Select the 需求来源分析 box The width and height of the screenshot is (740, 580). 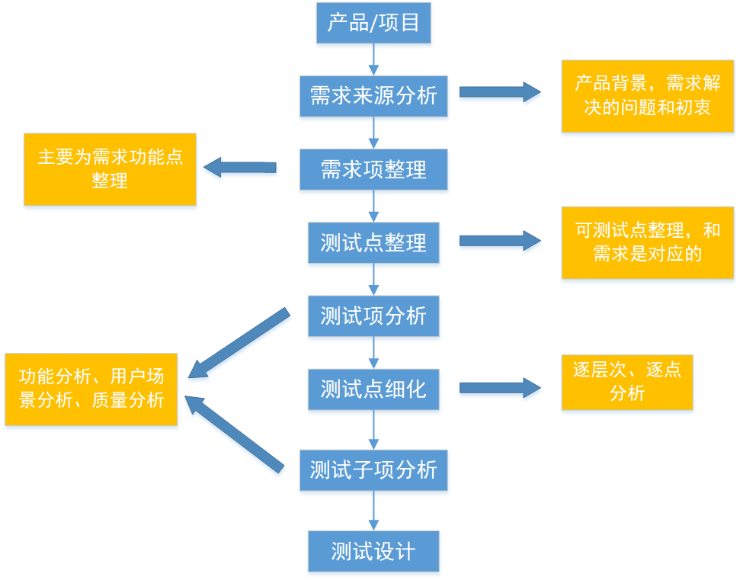[x=373, y=95]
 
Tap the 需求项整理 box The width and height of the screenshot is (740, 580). [x=373, y=169]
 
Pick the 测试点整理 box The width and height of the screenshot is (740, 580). [x=373, y=242]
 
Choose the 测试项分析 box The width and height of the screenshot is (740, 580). [x=373, y=316]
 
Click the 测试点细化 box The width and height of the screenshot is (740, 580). [x=373, y=389]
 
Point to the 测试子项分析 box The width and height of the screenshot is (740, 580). [x=373, y=470]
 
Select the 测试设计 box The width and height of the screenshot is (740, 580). [x=373, y=551]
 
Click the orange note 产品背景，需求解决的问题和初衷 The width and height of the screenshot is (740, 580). [x=647, y=95]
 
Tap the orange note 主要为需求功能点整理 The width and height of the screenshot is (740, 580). [x=110, y=169]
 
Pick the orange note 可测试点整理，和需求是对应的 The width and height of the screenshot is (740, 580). [x=647, y=242]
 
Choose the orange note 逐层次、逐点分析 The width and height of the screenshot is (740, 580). [x=627, y=382]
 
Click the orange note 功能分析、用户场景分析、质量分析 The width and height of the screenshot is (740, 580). [x=91, y=389]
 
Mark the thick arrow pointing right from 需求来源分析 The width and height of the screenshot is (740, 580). [x=499, y=92]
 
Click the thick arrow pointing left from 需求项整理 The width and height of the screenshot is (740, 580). [x=239, y=167]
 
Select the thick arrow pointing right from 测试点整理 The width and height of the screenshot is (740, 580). [x=499, y=241]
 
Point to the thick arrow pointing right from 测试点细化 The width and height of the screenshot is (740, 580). [x=499, y=388]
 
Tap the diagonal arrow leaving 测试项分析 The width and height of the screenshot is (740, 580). [x=238, y=344]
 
